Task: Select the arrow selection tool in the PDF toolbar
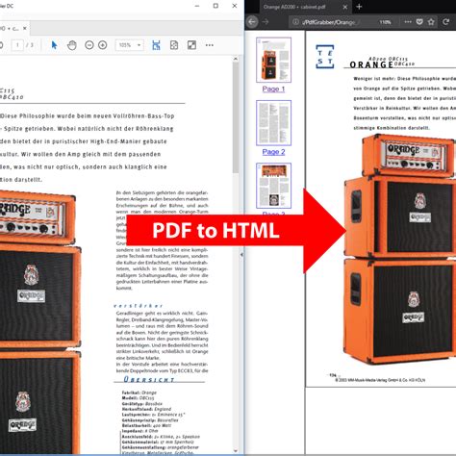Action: [x=55, y=44]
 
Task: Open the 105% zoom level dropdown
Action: [x=129, y=44]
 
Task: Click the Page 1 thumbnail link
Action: [x=273, y=89]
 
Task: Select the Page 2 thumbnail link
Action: [x=273, y=151]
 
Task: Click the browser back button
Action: [x=253, y=21]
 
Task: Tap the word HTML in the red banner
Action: [x=246, y=231]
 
